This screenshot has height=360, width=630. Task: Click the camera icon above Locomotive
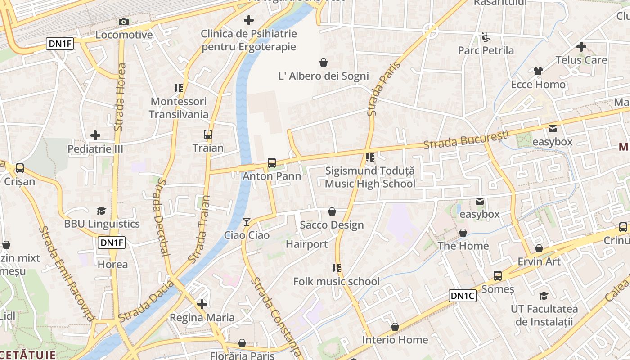pyautogui.click(x=123, y=22)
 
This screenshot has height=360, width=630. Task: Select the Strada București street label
pyautogui.click(x=466, y=139)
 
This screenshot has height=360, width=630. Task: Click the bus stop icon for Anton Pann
pyautogui.click(x=272, y=163)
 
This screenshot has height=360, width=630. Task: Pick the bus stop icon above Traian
pyautogui.click(x=208, y=135)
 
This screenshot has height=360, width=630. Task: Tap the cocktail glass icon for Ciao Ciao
pyautogui.click(x=247, y=221)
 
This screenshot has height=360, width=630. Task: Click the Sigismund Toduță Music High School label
pyautogui.click(x=370, y=177)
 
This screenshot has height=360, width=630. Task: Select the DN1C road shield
pyautogui.click(x=463, y=296)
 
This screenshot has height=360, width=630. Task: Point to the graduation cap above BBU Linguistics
pyautogui.click(x=102, y=211)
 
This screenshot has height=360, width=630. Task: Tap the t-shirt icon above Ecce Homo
pyautogui.click(x=538, y=71)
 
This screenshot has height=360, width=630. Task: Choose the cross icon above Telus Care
pyautogui.click(x=581, y=46)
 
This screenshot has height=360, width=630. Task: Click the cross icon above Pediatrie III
pyautogui.click(x=95, y=135)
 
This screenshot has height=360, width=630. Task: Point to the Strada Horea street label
pyautogui.click(x=120, y=97)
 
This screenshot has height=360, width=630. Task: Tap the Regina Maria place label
pyautogui.click(x=202, y=318)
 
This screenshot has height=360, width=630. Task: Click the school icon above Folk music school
pyautogui.click(x=336, y=268)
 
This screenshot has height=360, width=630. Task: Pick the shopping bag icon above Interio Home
pyautogui.click(x=395, y=326)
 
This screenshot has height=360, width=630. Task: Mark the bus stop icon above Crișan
pyautogui.click(x=20, y=168)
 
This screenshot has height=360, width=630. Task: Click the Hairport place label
pyautogui.click(x=307, y=244)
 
